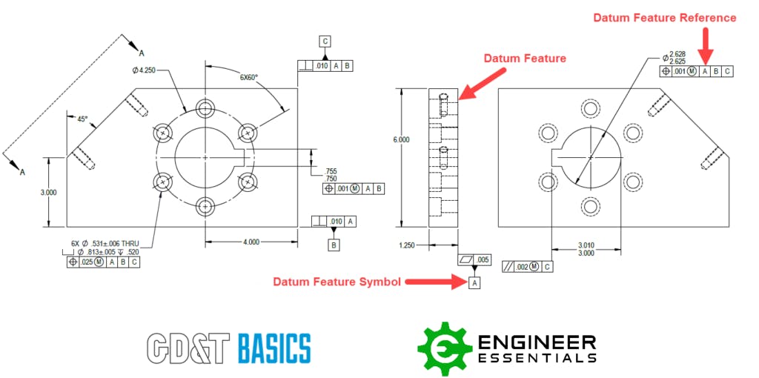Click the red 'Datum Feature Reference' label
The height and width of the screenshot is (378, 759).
tap(665, 18)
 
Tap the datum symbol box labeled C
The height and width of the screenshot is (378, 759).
tap(325, 41)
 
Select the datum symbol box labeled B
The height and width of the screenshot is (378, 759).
tap(334, 245)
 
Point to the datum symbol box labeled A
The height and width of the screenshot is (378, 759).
tap(474, 282)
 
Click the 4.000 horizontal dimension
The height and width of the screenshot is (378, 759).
tap(251, 242)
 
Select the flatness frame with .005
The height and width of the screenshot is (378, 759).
tap(474, 259)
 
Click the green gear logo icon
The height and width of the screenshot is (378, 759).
tap(444, 348)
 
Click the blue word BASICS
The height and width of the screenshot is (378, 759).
tap(274, 348)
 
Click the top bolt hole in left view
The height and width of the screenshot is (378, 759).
tap(205, 108)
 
